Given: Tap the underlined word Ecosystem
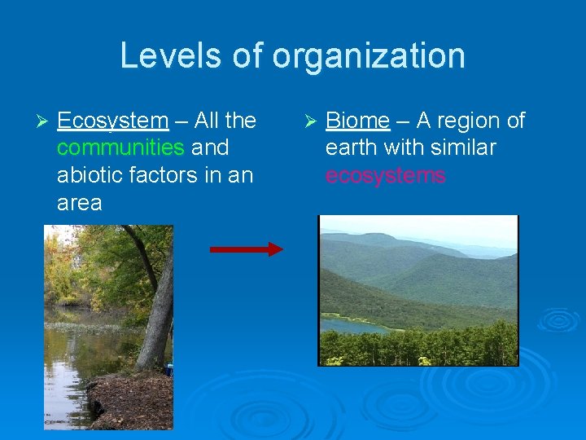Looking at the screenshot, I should point(112,121).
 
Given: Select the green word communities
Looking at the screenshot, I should point(120,148).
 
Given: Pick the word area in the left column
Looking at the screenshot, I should point(79,203).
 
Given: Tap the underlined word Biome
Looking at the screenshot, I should point(357,121).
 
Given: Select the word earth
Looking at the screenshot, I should point(349,148).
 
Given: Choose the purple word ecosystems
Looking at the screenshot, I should point(385,175).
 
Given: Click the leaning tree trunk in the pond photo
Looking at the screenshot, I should point(160,310).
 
